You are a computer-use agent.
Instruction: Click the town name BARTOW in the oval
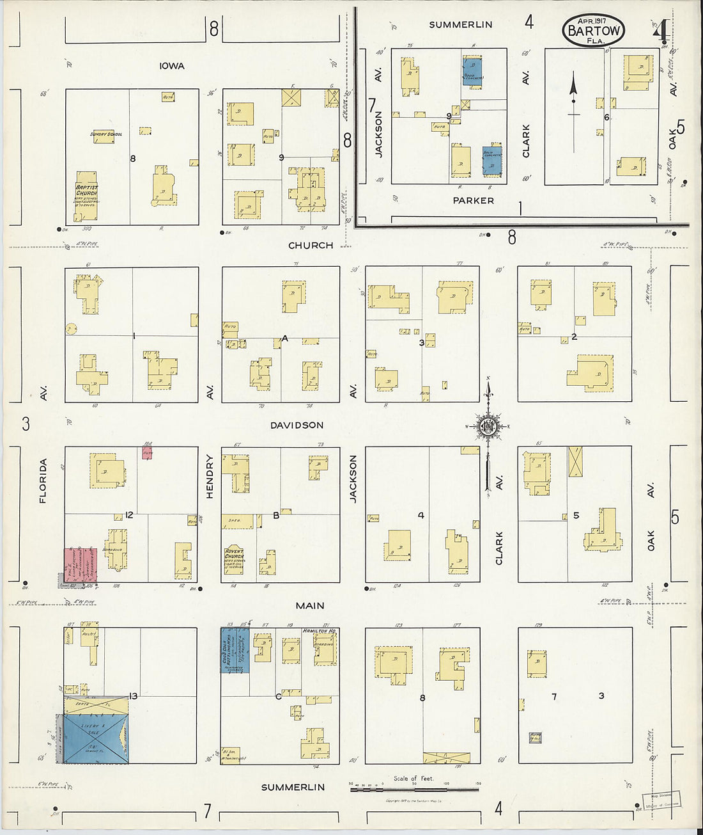point(594,31)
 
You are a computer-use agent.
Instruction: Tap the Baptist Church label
point(87,190)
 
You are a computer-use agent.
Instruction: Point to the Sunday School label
point(106,134)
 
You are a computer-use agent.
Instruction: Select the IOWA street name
point(172,66)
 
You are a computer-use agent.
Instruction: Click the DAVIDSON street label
point(297,425)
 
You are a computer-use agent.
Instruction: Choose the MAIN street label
point(310,605)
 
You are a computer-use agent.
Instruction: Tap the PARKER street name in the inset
point(473,200)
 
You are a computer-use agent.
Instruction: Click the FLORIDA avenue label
point(43,481)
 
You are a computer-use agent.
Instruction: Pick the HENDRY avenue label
point(210,477)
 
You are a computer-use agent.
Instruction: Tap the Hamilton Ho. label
point(320,631)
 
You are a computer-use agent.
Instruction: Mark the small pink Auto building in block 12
point(148,452)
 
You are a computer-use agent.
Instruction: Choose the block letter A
point(285,338)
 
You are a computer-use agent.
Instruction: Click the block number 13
point(133,696)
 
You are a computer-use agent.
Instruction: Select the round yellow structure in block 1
point(71,329)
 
